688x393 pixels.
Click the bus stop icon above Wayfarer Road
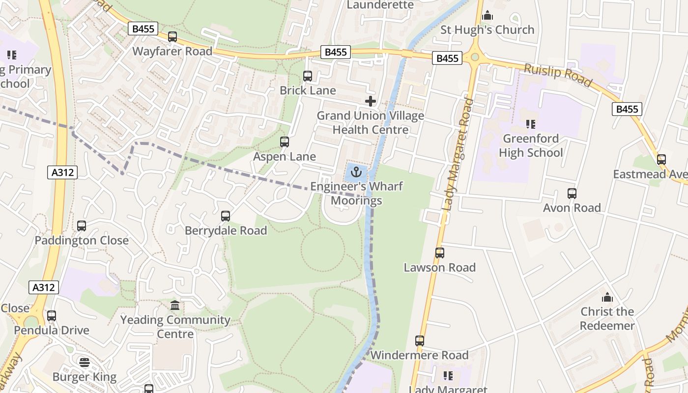172,37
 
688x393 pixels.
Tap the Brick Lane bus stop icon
308,76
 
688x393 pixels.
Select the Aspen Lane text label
285,157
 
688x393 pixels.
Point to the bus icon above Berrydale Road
226,216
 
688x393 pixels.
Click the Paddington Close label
82,241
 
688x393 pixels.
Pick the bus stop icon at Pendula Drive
52,316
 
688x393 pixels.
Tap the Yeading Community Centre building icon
175,306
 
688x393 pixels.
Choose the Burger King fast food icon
85,363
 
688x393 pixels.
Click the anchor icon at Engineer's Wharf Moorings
357,172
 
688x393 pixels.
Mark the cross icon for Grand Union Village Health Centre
371,102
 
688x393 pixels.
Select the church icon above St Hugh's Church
487,16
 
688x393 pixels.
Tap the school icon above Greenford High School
530,124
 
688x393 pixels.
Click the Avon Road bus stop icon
572,194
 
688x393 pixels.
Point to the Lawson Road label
440,268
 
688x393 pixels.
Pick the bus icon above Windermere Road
420,341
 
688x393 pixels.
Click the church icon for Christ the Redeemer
608,297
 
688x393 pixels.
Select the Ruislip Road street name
557,75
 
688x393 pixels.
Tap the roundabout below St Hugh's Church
475,57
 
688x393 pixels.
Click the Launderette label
380,5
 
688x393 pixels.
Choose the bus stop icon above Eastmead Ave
661,160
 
